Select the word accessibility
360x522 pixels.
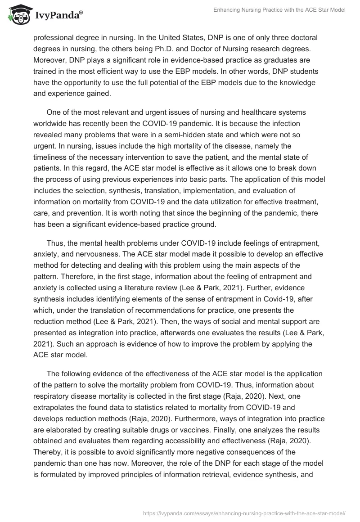[220, 441]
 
